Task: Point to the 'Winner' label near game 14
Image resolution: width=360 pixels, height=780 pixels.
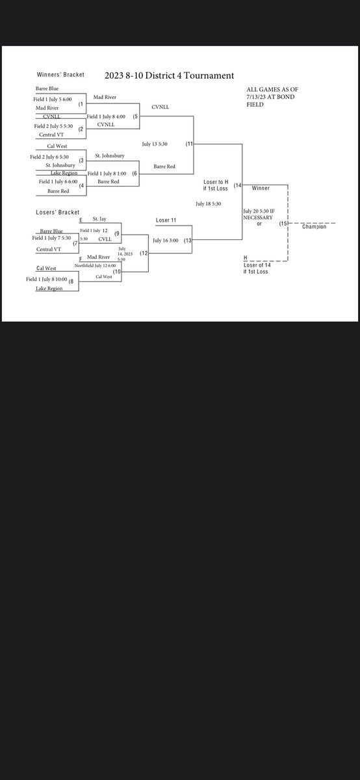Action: (x=261, y=187)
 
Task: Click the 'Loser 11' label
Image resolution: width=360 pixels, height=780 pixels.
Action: (x=166, y=220)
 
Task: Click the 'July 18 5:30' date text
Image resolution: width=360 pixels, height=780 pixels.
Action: (x=210, y=203)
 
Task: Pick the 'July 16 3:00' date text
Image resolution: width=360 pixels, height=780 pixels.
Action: (x=166, y=240)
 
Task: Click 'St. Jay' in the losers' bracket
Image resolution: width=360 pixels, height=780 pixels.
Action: (x=99, y=220)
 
